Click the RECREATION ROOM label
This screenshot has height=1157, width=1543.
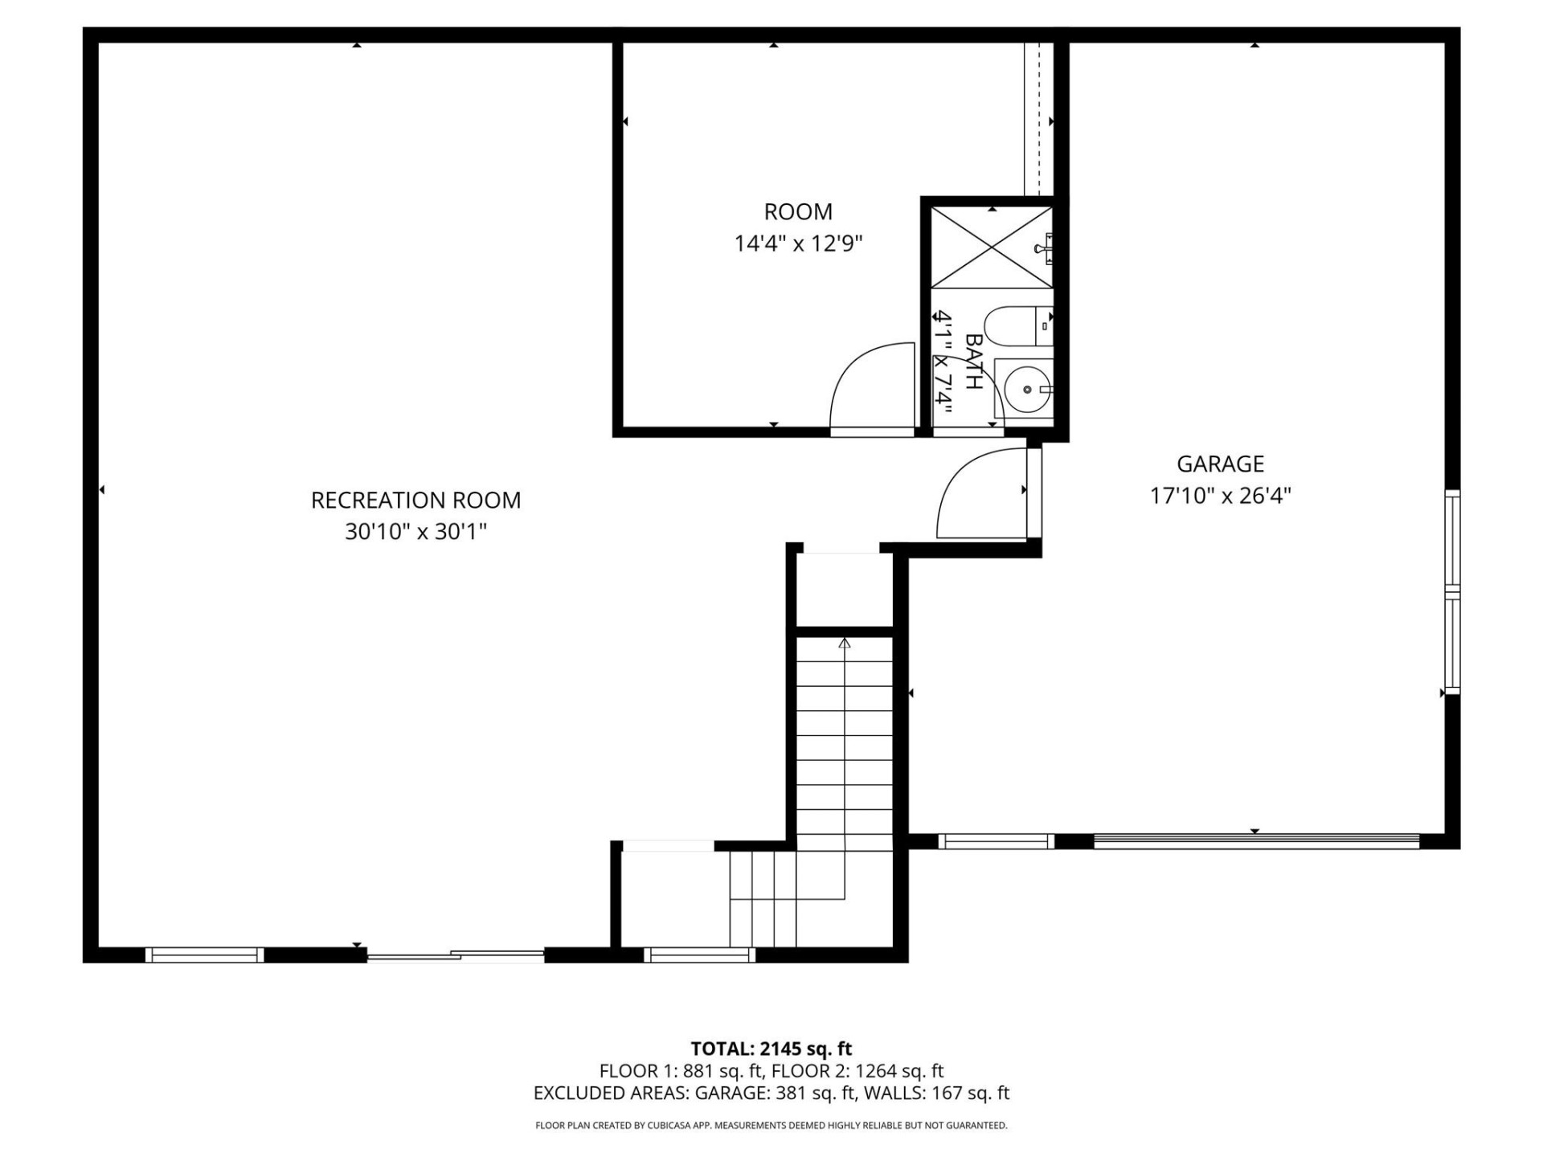(x=415, y=500)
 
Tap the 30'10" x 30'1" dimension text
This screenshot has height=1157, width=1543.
(x=415, y=531)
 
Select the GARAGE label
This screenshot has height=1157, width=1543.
(x=1220, y=464)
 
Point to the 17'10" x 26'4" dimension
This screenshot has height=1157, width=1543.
(x=1220, y=495)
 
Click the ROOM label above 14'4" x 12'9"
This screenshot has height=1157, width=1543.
(x=797, y=212)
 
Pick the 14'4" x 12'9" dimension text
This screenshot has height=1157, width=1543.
(x=797, y=243)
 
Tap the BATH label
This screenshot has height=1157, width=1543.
(x=973, y=362)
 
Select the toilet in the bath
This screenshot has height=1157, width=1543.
(x=1016, y=325)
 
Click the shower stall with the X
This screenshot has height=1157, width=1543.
(x=992, y=247)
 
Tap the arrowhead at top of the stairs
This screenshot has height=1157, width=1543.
(x=844, y=644)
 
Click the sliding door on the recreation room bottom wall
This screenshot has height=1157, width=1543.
(x=456, y=955)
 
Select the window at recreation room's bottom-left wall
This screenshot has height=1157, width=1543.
(x=204, y=955)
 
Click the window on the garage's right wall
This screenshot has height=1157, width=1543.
(x=1451, y=592)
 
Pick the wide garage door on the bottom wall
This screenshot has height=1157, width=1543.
(x=1256, y=841)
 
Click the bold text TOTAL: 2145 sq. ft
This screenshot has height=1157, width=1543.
(x=771, y=1049)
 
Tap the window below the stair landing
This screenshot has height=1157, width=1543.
(x=699, y=955)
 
